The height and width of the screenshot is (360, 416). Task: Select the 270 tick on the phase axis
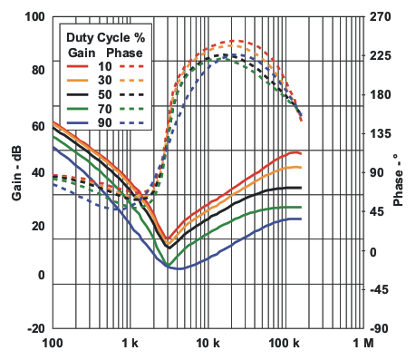point(382,17)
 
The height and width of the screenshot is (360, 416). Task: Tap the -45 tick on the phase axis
point(381,290)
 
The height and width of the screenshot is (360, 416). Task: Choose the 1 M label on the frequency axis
point(363,345)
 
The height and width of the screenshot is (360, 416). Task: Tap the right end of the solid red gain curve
point(300,154)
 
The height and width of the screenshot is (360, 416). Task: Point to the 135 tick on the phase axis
point(382,134)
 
